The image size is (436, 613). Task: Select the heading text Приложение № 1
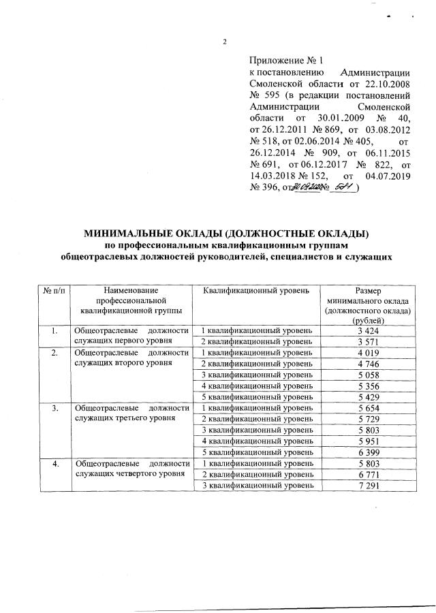[281, 61]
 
